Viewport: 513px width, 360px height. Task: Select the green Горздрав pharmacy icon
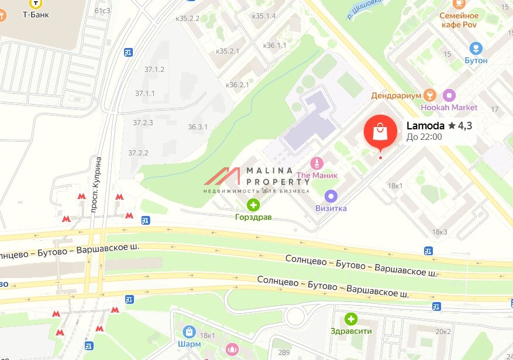point(253,205)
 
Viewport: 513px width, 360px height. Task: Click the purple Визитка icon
point(331,196)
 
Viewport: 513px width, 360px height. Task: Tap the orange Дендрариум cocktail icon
point(430,95)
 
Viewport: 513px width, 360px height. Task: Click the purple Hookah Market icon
point(449,95)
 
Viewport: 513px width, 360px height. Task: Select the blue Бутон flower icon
point(476,47)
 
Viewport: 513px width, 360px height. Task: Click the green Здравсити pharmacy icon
point(350,319)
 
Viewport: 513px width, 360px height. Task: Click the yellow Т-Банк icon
point(36,3)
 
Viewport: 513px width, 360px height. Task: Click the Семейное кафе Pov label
point(459,20)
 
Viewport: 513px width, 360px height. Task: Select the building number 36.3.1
point(198,126)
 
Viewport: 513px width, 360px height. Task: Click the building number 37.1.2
point(154,69)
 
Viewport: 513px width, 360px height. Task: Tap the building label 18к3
point(439,232)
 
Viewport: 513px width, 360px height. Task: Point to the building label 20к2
point(442,331)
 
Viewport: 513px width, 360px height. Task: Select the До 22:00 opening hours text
point(424,137)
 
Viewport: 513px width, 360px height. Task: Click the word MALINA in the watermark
point(270,170)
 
